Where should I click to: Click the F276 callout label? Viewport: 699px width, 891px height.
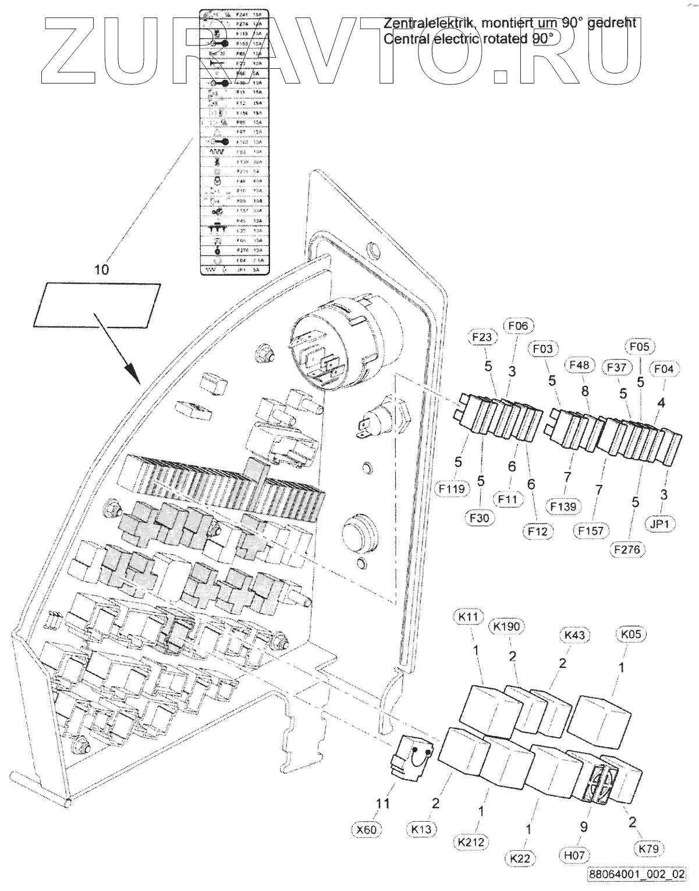[x=630, y=549]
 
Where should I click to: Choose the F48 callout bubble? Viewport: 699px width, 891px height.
[x=579, y=365]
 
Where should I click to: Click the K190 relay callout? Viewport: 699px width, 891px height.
[x=506, y=626]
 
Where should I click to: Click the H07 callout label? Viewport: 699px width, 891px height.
[x=574, y=855]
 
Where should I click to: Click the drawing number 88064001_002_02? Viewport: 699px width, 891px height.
[x=636, y=875]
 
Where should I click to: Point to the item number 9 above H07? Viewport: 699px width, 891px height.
[x=584, y=827]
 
